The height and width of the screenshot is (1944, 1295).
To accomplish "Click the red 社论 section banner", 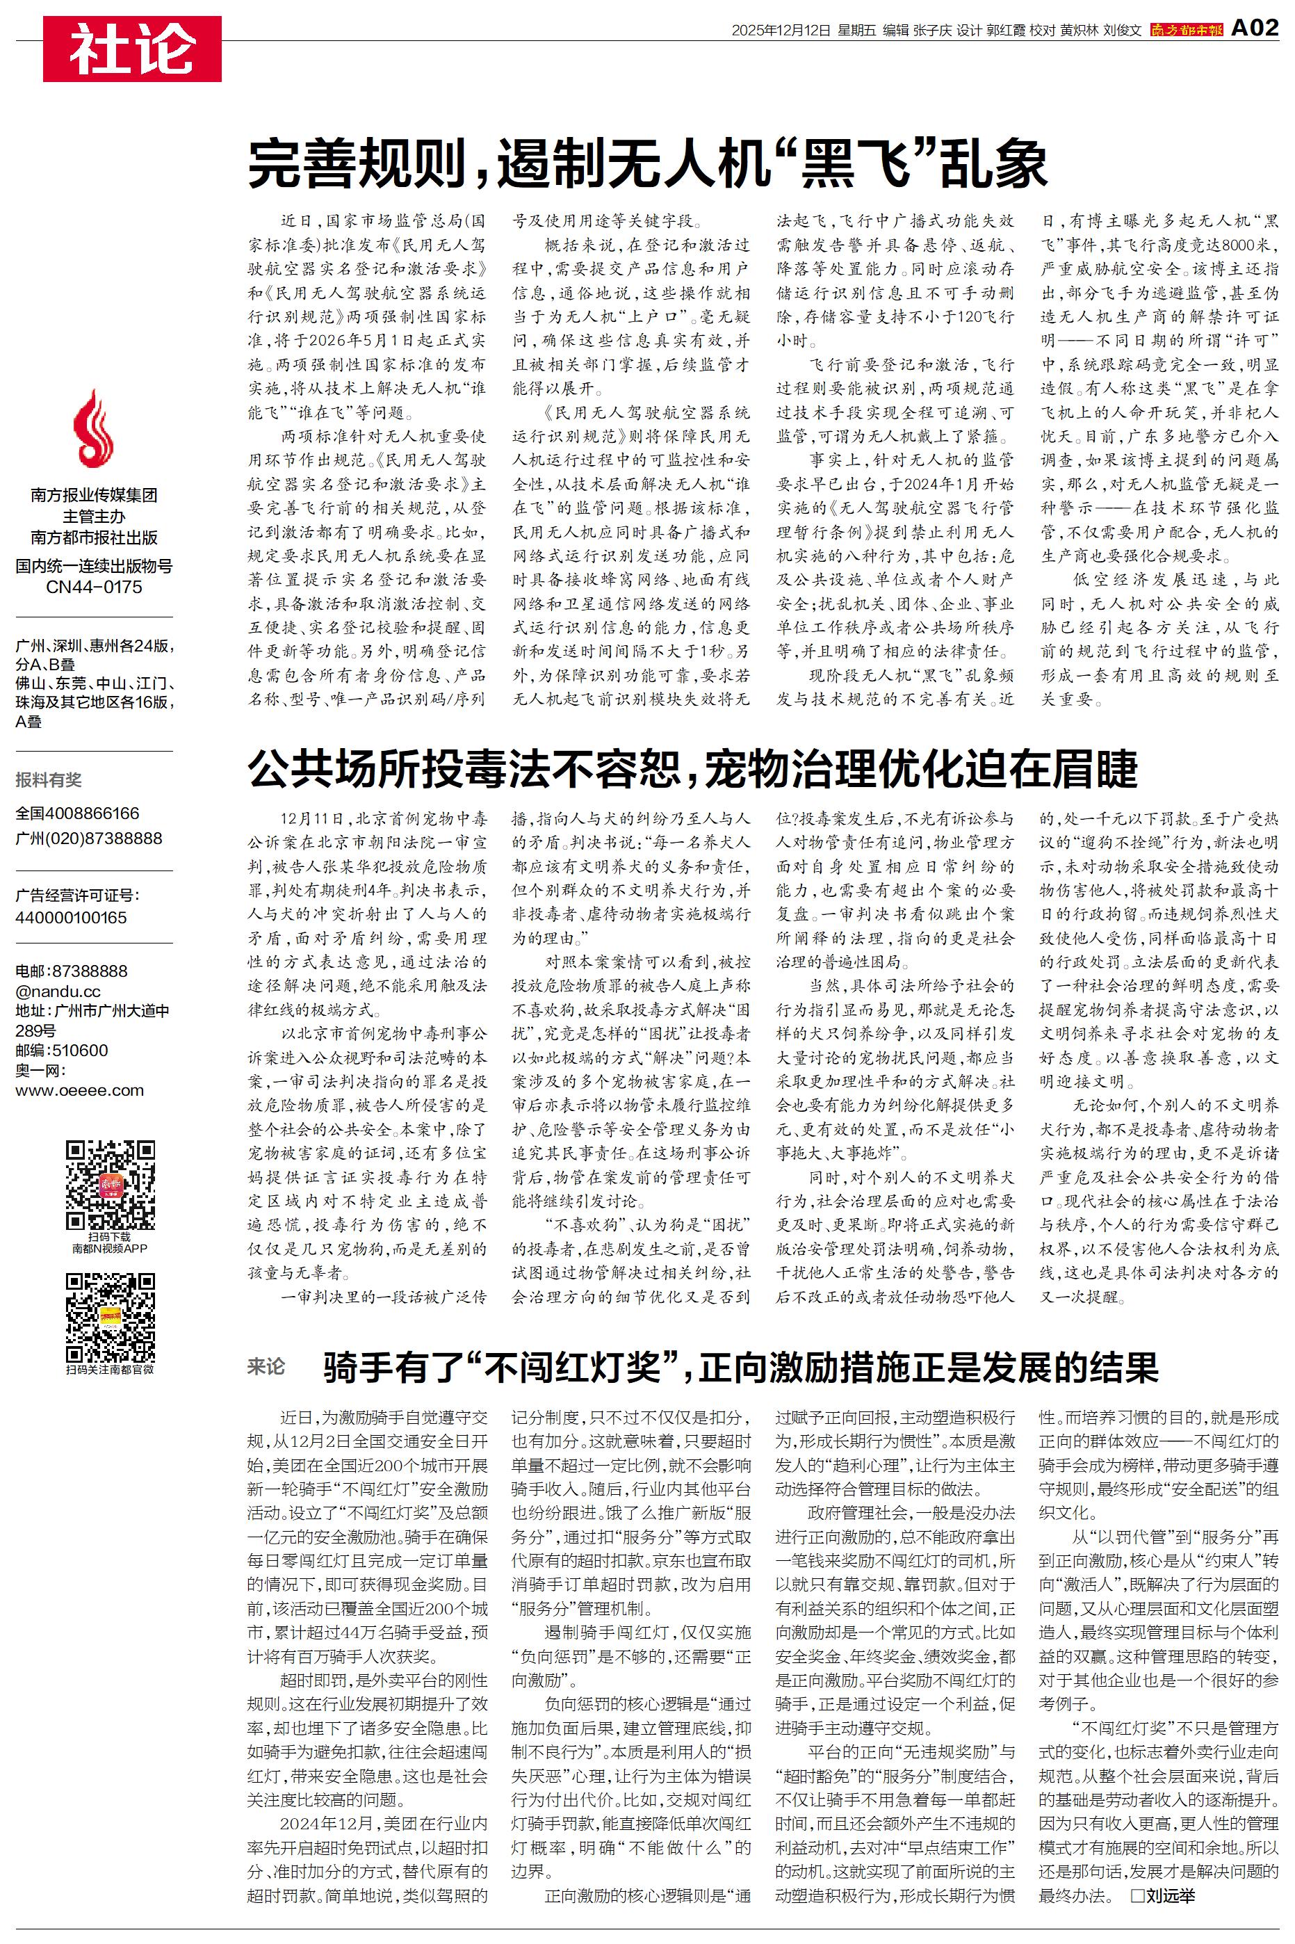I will pyautogui.click(x=132, y=49).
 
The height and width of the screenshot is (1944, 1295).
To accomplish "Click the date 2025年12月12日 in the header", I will pyautogui.click(x=781, y=31).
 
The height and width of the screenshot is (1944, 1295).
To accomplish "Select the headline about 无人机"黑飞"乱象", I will pyautogui.click(x=648, y=164).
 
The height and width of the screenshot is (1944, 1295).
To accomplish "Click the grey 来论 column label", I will pyautogui.click(x=266, y=1368).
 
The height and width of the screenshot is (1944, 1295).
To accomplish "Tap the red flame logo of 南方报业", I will pyautogui.click(x=93, y=430).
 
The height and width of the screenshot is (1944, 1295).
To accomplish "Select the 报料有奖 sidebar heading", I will pyautogui.click(x=49, y=779).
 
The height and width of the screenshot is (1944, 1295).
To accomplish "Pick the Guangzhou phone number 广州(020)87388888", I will pyautogui.click(x=88, y=839).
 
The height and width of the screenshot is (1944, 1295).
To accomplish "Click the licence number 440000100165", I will pyautogui.click(x=71, y=918).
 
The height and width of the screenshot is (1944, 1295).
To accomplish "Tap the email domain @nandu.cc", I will pyautogui.click(x=58, y=991).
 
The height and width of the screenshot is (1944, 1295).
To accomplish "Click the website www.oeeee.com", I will pyautogui.click(x=79, y=1090).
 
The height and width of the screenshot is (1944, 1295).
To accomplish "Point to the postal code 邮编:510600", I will pyautogui.click(x=61, y=1051).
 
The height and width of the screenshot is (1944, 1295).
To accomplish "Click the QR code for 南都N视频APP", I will pyautogui.click(x=111, y=1184).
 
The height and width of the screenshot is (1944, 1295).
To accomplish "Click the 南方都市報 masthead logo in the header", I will pyautogui.click(x=1186, y=31).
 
